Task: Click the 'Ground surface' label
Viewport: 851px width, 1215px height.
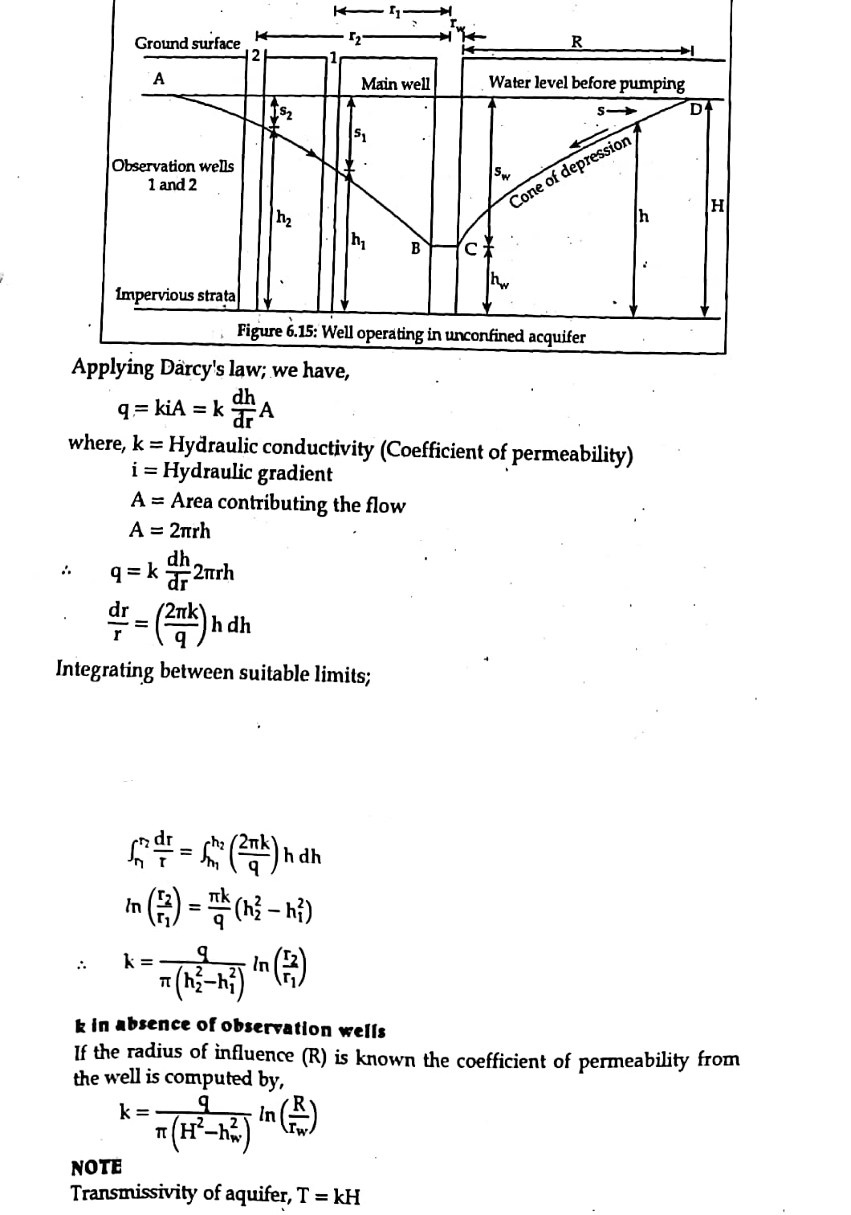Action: coord(187,43)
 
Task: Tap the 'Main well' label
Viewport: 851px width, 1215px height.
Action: coord(395,84)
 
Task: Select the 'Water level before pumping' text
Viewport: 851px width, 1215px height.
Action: coord(586,84)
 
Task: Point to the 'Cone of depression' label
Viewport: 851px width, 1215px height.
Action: coord(571,172)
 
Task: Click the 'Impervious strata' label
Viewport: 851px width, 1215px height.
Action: coord(176,295)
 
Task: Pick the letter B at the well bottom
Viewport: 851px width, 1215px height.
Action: coord(415,248)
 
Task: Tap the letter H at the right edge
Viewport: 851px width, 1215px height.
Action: coord(717,206)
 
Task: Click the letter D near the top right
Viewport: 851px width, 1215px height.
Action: coord(696,108)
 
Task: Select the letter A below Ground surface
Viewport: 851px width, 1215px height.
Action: coord(159,79)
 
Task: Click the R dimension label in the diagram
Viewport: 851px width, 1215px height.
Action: coord(576,42)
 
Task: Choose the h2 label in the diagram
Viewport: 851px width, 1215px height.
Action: coord(284,217)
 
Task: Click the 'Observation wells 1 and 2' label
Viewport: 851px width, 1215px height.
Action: coord(173,175)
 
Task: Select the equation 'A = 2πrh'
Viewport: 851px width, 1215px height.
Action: coord(170,530)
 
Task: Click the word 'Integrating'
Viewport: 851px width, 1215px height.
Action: coord(104,670)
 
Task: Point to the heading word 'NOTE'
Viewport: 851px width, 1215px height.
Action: coord(96,1167)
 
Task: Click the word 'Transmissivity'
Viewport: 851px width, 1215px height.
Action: coord(133,1193)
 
